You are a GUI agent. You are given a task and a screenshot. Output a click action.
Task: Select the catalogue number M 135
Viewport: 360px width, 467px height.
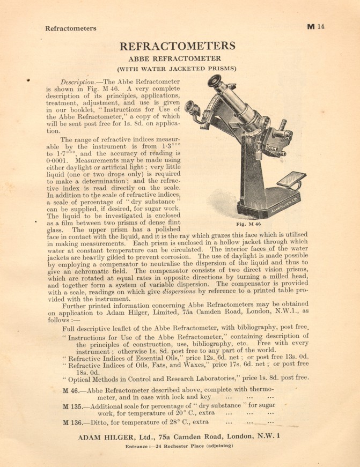pyautogui.click(x=73, y=406)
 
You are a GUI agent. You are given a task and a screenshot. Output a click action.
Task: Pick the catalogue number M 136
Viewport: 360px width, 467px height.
pyautogui.click(x=73, y=423)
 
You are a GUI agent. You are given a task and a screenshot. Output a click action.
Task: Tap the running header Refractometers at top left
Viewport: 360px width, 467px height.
pyautogui.click(x=71, y=28)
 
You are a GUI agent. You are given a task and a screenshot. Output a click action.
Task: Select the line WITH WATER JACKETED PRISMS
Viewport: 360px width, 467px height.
pyautogui.click(x=177, y=69)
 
